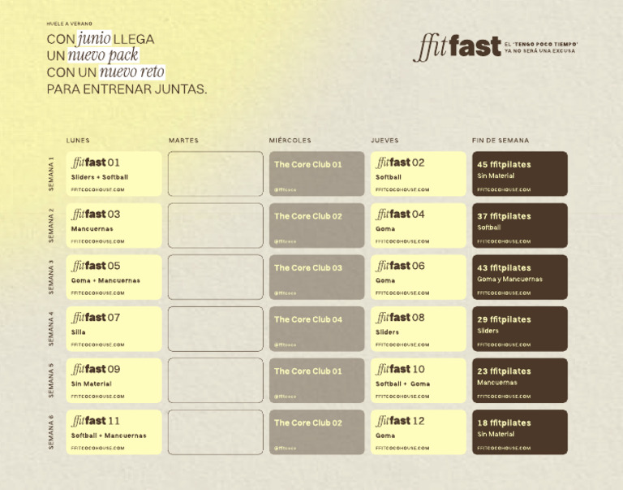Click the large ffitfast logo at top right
click(457, 46)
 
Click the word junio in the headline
click(95, 38)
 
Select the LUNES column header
click(78, 141)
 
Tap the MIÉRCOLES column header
click(290, 141)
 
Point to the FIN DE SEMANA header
click(501, 141)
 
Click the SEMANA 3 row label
click(51, 277)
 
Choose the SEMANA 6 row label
click(51, 432)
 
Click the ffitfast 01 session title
click(96, 163)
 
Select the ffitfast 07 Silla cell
click(114, 328)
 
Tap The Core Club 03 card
click(316, 277)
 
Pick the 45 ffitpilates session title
click(504, 164)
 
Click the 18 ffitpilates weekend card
click(520, 432)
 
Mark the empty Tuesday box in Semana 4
click(216, 328)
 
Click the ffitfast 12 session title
click(400, 421)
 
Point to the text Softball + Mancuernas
click(109, 436)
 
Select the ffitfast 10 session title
click(400, 369)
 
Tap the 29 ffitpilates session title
click(504, 319)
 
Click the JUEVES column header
click(385, 141)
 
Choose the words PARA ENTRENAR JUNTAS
click(127, 89)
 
